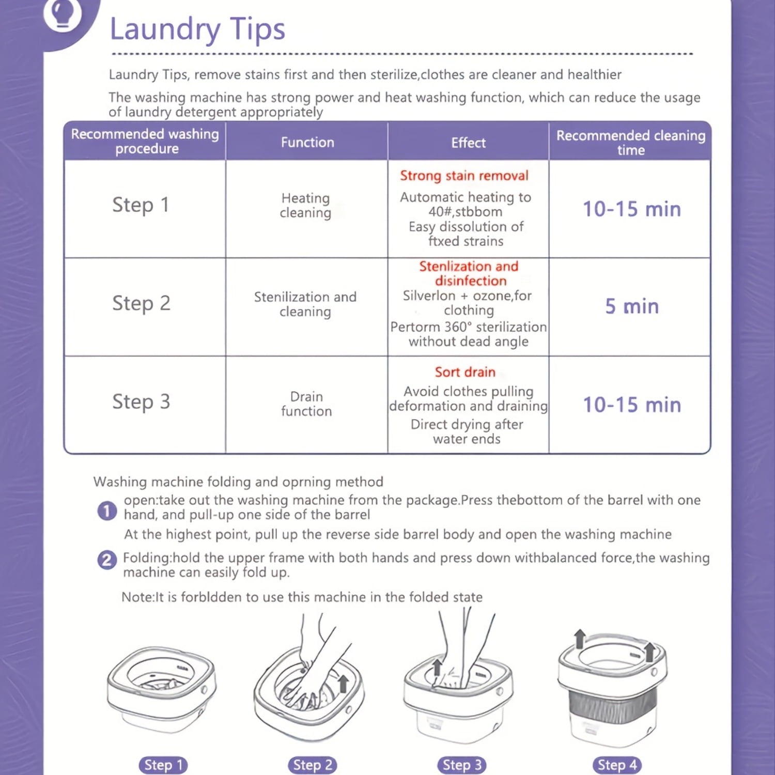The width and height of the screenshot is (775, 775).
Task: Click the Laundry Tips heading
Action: tap(197, 29)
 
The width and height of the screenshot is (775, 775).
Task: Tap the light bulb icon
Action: tap(63, 14)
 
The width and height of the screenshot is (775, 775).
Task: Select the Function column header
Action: tap(307, 142)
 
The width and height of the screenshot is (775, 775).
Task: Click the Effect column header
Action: tap(469, 143)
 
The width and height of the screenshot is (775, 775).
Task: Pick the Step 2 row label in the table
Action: tap(141, 303)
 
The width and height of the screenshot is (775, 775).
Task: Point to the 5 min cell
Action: tap(632, 306)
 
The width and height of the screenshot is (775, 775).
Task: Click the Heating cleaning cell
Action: tap(306, 206)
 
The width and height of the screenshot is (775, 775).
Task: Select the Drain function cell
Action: tap(306, 404)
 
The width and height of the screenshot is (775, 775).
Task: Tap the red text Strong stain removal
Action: tap(464, 176)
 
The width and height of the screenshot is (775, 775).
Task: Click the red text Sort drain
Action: tap(465, 372)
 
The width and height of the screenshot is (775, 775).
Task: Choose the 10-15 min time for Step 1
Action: tap(632, 209)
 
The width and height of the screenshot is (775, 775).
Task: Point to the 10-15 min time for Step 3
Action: tap(632, 405)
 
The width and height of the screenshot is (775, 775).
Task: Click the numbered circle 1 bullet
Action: tap(107, 511)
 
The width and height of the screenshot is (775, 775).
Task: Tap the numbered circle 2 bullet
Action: tap(107, 560)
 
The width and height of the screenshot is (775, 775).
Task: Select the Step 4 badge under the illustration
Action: tap(617, 765)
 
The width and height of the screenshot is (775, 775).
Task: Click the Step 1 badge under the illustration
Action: tap(163, 765)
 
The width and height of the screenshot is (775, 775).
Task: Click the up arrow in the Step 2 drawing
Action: tap(343, 683)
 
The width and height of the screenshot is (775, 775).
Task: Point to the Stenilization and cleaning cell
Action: tap(305, 304)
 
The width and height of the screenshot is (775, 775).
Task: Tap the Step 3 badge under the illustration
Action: tap(462, 765)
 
